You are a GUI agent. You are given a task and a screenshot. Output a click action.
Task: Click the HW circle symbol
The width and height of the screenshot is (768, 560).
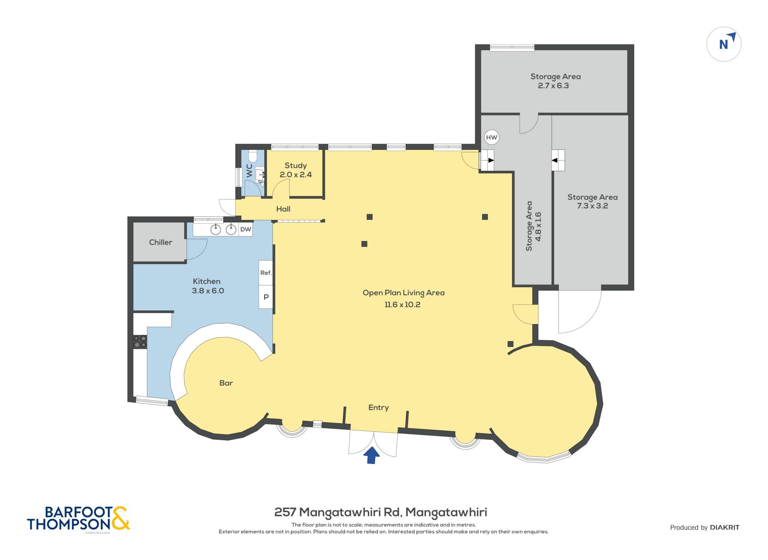point(491,137)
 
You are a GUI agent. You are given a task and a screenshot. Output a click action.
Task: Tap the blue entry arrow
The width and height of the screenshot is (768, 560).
point(372,455)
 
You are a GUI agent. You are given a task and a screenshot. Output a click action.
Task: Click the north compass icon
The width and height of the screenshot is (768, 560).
point(724,44)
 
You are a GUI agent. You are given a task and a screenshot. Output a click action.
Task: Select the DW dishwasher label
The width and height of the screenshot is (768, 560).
point(246,229)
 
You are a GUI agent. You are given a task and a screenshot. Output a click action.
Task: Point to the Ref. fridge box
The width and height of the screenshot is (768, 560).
point(266,273)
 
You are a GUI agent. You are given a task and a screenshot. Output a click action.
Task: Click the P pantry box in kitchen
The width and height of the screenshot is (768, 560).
point(266,297)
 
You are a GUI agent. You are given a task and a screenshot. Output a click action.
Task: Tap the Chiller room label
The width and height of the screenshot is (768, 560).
point(160,242)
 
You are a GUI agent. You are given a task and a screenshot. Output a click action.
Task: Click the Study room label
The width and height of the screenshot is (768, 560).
point(295,165)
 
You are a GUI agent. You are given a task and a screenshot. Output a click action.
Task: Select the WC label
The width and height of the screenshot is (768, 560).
point(249,171)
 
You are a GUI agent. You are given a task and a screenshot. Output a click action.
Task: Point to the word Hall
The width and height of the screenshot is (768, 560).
point(283,209)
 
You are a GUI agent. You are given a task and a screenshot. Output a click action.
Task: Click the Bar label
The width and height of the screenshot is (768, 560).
point(226,383)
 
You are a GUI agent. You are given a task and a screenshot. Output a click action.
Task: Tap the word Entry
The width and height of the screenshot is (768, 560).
point(378,407)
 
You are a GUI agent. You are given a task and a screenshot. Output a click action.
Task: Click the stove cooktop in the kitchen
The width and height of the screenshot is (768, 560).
point(140,342)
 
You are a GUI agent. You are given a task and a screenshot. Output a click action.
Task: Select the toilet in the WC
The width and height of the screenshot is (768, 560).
point(253,156)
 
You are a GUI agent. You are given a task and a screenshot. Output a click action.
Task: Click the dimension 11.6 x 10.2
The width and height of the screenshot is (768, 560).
point(402,304)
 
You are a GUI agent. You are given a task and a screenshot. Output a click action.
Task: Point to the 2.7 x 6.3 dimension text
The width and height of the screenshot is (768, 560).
point(553,85)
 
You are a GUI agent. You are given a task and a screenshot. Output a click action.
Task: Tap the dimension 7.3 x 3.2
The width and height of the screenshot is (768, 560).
point(592,206)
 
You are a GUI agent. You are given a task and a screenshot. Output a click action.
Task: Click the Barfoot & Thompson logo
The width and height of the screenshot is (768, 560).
point(78,518)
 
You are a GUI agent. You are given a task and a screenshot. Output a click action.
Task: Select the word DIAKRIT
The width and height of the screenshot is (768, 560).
point(724,527)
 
